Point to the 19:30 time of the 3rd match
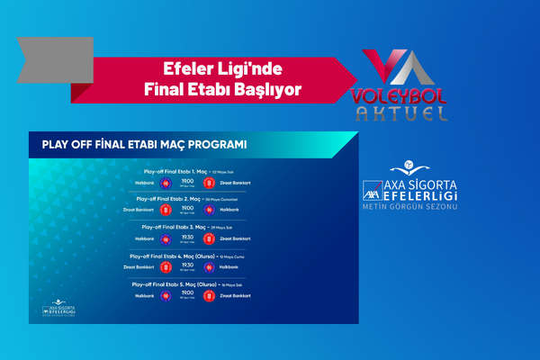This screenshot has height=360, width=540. point(188,238)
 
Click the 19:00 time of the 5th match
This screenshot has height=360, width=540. point(188,294)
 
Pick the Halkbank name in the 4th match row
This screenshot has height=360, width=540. point(229,267)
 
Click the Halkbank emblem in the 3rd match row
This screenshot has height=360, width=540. point(166,239)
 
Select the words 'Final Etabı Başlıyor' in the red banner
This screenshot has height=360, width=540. point(221,88)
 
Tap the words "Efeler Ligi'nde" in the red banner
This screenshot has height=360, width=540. point(221,67)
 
